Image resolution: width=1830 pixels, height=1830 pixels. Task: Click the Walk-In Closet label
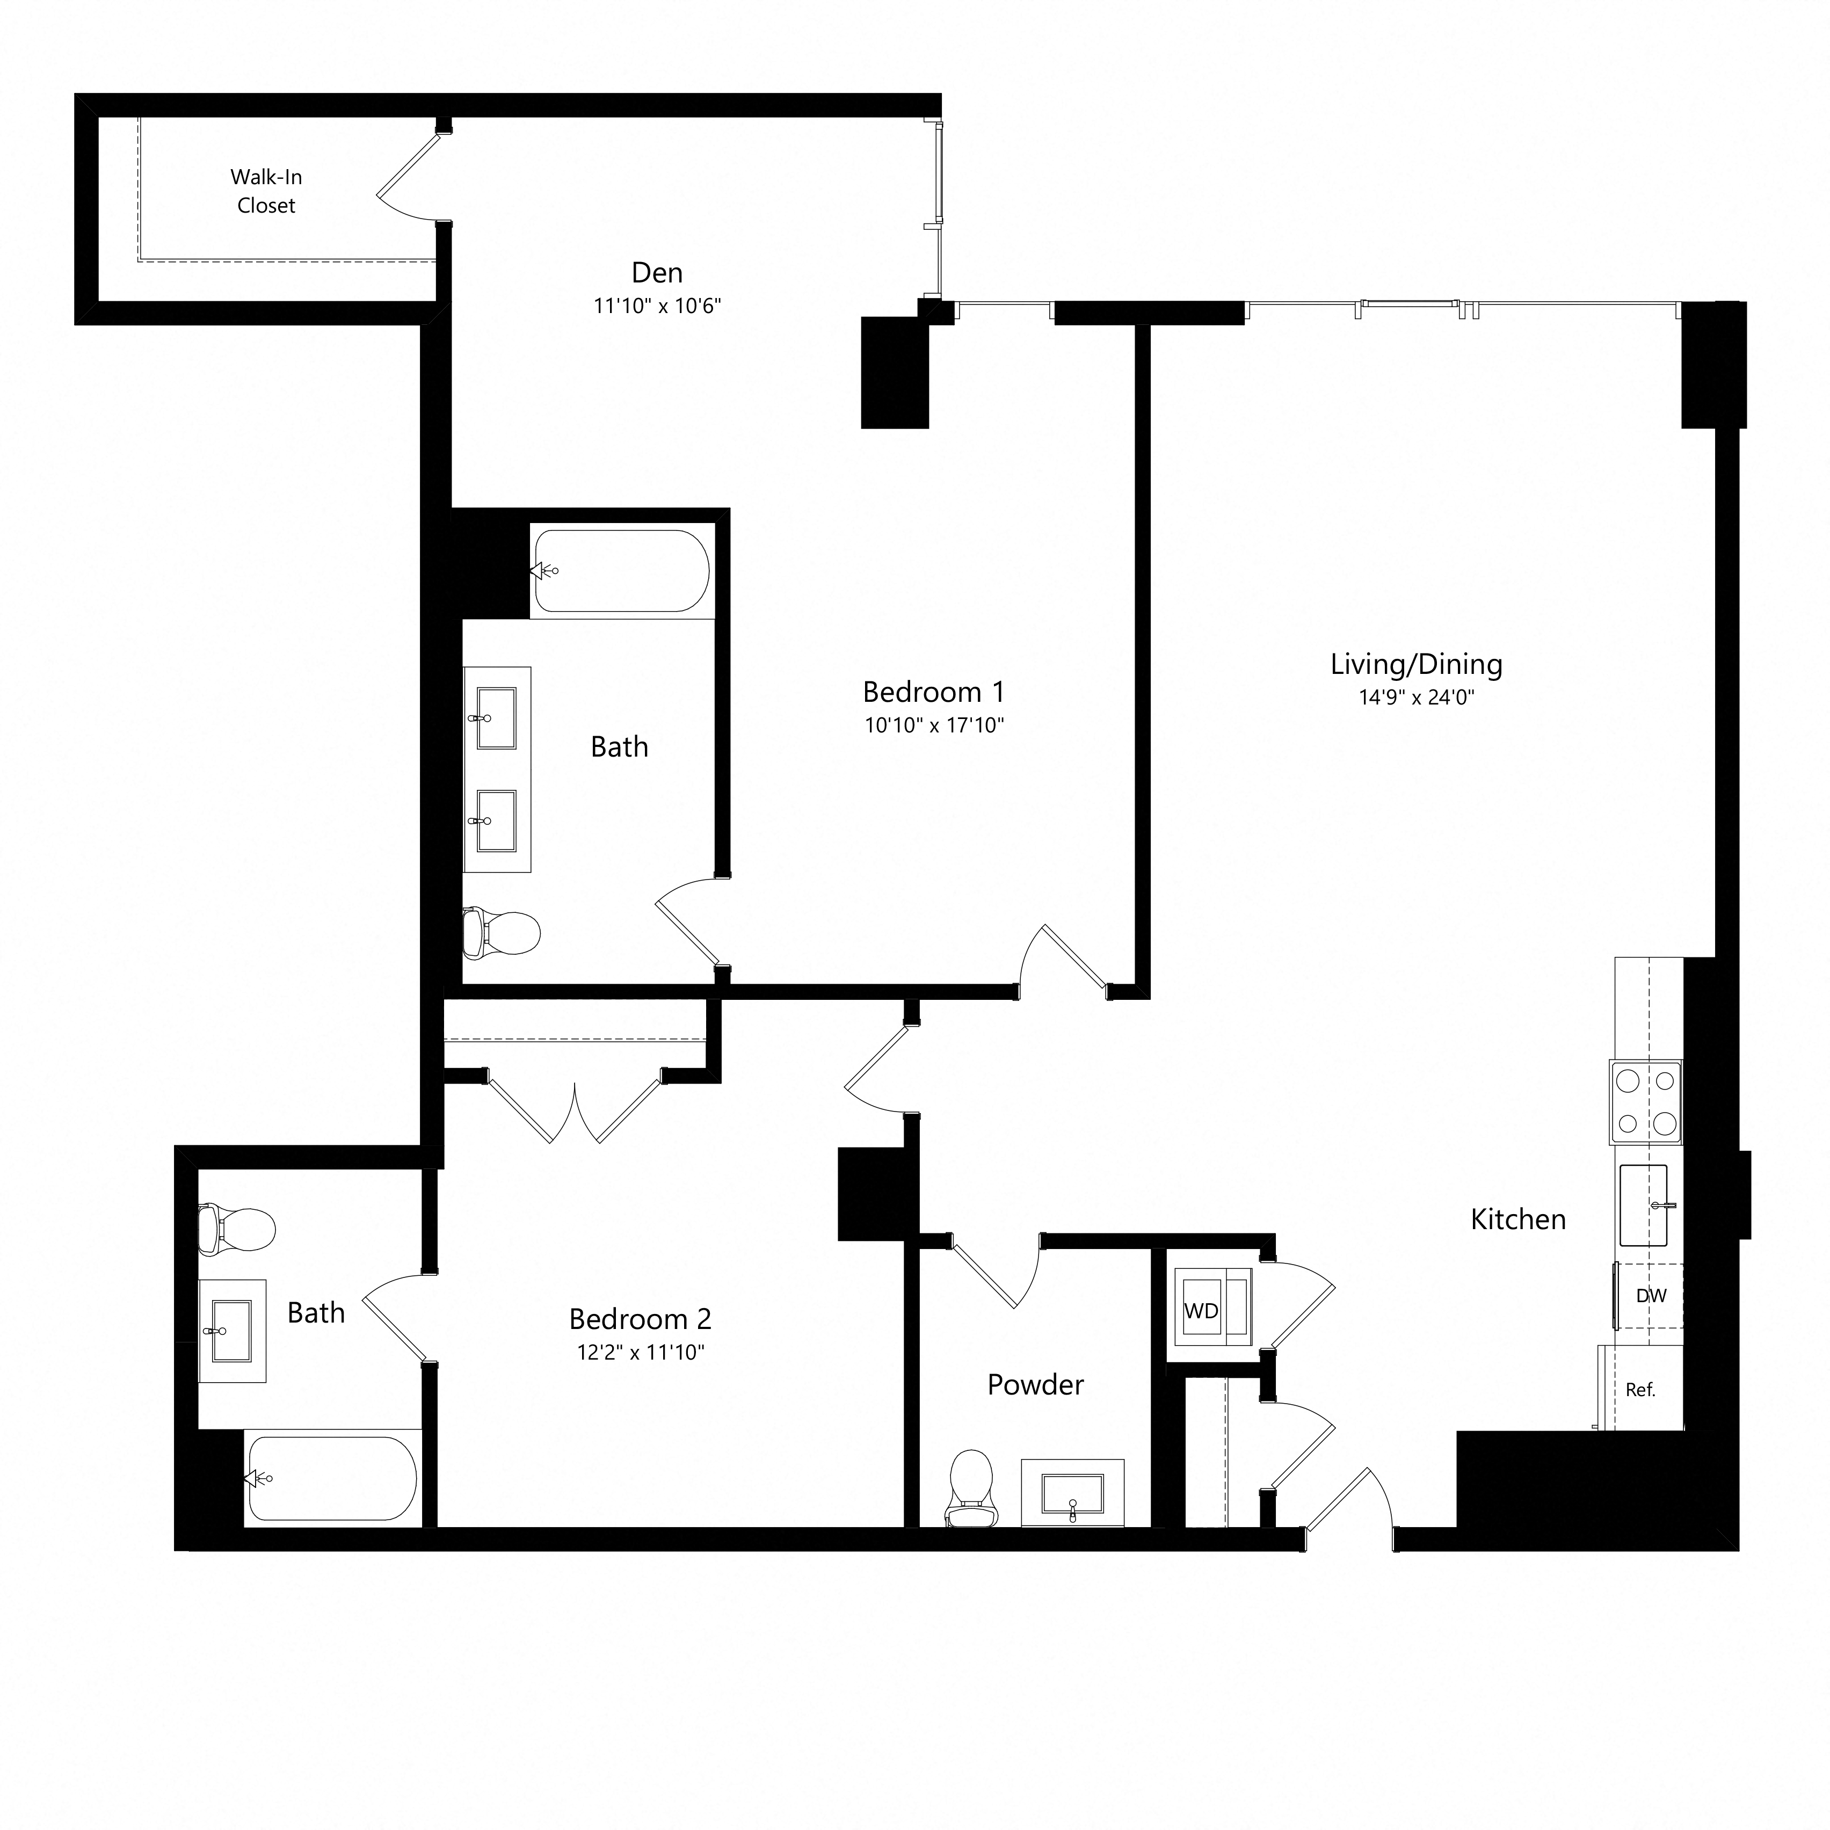[x=266, y=191]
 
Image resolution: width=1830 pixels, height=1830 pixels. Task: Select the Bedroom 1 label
[x=933, y=692]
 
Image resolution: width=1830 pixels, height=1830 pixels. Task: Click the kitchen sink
[x=1643, y=1205]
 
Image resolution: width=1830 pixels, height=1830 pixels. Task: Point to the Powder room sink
[x=1072, y=1493]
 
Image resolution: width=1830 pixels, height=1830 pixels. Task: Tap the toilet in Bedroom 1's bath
[x=502, y=932]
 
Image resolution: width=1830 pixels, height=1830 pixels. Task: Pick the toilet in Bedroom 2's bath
[x=236, y=1230]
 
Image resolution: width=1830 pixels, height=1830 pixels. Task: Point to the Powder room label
[x=1035, y=1385]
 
